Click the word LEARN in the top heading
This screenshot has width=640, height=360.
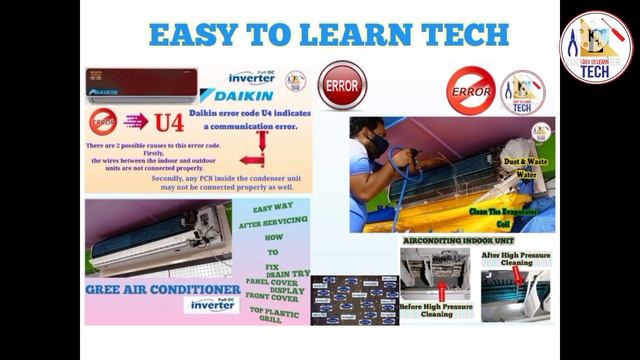click(345, 36)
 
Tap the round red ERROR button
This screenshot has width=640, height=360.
click(343, 87)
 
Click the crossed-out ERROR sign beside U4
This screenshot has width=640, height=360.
click(104, 124)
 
